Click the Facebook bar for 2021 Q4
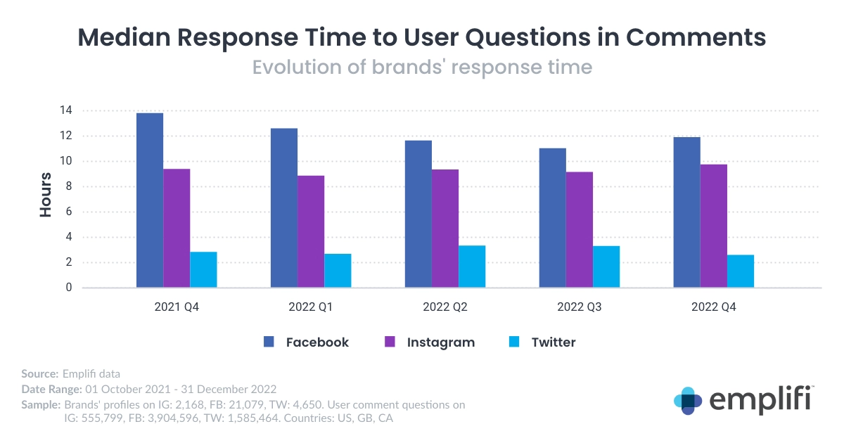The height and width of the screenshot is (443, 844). point(150,200)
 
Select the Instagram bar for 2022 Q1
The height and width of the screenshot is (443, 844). point(311,231)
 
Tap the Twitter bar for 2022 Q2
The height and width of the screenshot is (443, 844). point(472,267)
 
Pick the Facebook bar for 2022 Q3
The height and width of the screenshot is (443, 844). point(552,218)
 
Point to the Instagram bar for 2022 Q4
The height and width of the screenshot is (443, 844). point(713,226)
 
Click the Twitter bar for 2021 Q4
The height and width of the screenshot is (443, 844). point(203,269)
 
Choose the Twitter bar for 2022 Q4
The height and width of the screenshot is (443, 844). point(740,271)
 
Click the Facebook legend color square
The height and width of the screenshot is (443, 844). point(269,342)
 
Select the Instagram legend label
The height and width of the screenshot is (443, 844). point(441,342)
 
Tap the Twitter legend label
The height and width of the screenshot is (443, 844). point(554,342)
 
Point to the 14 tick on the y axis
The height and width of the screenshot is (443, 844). point(66,110)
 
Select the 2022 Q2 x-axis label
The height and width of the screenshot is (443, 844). point(445,307)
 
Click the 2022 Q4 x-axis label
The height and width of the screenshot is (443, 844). point(713,307)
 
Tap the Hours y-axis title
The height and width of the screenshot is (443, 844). point(46,195)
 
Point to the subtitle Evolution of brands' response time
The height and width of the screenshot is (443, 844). point(422,68)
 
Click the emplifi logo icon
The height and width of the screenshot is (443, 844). point(687,400)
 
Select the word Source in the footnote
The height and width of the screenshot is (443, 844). point(40,373)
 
